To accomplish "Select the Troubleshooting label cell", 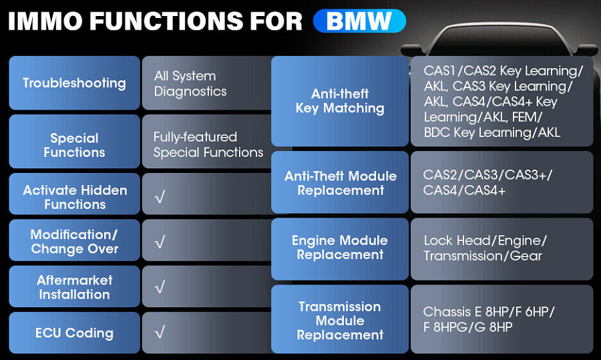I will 74,83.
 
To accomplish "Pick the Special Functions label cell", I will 74,145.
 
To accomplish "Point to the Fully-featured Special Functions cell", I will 208,145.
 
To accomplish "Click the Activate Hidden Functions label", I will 74,197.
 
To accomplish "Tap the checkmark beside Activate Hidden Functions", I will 159,197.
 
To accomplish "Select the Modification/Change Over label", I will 74,242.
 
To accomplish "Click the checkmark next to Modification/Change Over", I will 159,242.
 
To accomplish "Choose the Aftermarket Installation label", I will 74,287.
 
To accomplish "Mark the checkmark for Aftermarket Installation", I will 159,287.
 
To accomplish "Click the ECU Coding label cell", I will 74,333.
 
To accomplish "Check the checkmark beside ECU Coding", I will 159,333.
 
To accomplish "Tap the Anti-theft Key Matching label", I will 340,101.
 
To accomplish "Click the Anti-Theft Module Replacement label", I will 340,183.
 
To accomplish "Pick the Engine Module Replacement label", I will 340,248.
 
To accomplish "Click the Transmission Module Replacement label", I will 340,320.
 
